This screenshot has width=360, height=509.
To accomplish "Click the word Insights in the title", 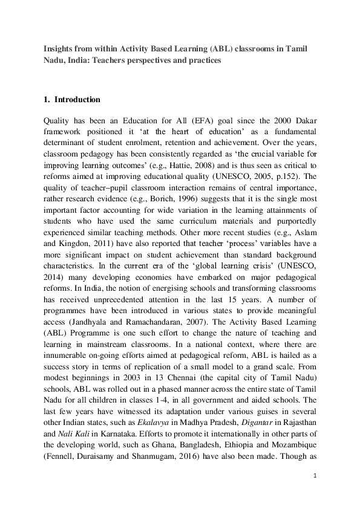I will tap(58, 49).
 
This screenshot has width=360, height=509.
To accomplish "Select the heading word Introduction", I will tap(77, 99).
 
